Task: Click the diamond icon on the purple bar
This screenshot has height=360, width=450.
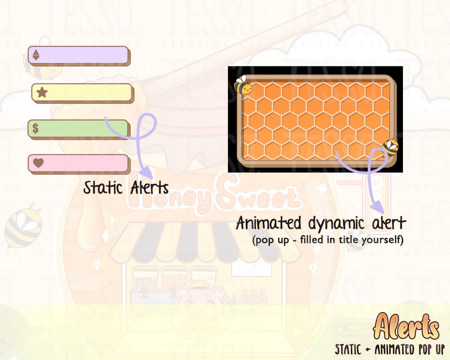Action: [36, 55]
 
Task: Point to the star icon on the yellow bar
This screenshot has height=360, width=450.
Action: [42, 92]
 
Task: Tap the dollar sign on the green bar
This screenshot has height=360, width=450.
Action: [36, 128]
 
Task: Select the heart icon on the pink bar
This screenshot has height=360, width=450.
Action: [38, 163]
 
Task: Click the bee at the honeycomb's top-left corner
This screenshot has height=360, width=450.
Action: [242, 85]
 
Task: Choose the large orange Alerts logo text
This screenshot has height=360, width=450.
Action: [406, 327]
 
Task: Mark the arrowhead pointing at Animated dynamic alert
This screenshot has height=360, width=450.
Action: [377, 206]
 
